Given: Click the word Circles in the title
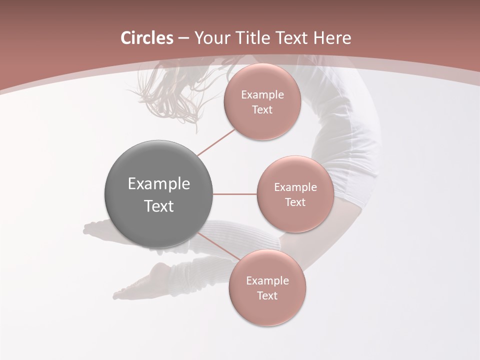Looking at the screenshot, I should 147,38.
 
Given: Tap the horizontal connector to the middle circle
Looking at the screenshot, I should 235,194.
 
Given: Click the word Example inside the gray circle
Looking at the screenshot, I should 158,184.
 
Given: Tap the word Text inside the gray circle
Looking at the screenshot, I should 158,206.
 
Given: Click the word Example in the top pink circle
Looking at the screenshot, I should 262,95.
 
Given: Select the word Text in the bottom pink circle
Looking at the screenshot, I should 267,295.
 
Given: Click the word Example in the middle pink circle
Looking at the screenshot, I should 295,187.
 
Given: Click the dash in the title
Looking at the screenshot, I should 183,38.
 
